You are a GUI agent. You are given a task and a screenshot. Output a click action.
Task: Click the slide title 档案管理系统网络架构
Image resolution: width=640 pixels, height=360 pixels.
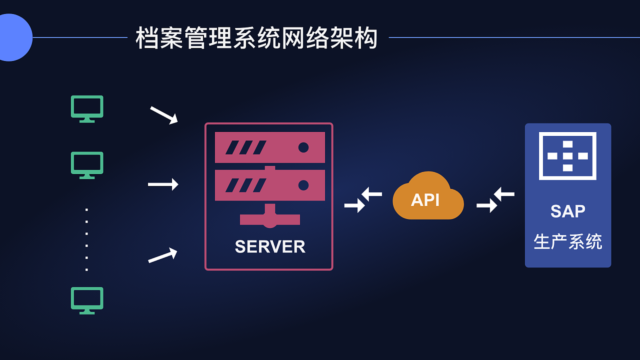pyautogui.click(x=256, y=38)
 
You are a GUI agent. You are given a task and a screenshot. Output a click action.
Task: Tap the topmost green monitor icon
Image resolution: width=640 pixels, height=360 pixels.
pyautogui.click(x=87, y=108)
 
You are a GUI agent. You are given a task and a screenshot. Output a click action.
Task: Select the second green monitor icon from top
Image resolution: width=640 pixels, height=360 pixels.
pyautogui.click(x=87, y=165)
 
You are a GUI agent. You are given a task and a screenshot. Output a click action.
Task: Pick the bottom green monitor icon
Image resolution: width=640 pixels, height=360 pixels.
pyautogui.click(x=87, y=300)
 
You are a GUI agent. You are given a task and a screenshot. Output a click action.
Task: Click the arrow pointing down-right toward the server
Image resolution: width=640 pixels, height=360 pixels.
pyautogui.click(x=164, y=115)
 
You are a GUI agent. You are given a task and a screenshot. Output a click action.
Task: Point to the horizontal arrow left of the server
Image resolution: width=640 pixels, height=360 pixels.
pyautogui.click(x=163, y=184)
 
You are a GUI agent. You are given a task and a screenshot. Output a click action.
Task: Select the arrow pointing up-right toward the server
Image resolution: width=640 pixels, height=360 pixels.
pyautogui.click(x=163, y=255)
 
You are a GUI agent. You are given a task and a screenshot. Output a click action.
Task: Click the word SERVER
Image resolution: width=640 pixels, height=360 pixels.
pyautogui.click(x=270, y=246)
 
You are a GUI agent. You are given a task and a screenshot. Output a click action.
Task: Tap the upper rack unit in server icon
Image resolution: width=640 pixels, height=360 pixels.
pyautogui.click(x=270, y=147)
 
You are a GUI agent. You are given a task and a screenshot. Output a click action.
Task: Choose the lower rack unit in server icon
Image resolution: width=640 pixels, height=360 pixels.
pyautogui.click(x=270, y=185)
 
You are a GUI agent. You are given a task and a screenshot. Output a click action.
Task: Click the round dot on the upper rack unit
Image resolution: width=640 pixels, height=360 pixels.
pyautogui.click(x=303, y=147)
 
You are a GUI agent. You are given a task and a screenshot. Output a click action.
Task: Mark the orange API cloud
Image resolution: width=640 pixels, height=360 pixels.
pyautogui.click(x=428, y=197)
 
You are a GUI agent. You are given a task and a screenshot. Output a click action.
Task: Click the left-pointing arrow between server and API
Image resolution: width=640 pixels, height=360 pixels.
pyautogui.click(x=372, y=193)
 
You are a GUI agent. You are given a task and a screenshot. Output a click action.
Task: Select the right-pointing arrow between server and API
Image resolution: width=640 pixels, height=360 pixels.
pyautogui.click(x=354, y=205)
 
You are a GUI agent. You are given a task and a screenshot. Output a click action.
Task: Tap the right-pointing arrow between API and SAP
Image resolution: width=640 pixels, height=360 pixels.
pyautogui.click(x=486, y=205)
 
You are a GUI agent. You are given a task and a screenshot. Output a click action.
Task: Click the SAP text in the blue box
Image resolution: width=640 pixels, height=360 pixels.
pyautogui.click(x=567, y=211)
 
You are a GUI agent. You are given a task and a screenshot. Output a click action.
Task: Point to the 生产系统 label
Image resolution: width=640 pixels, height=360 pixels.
pyautogui.click(x=567, y=241)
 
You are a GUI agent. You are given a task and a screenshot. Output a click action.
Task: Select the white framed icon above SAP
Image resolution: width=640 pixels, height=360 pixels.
pyautogui.click(x=567, y=156)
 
